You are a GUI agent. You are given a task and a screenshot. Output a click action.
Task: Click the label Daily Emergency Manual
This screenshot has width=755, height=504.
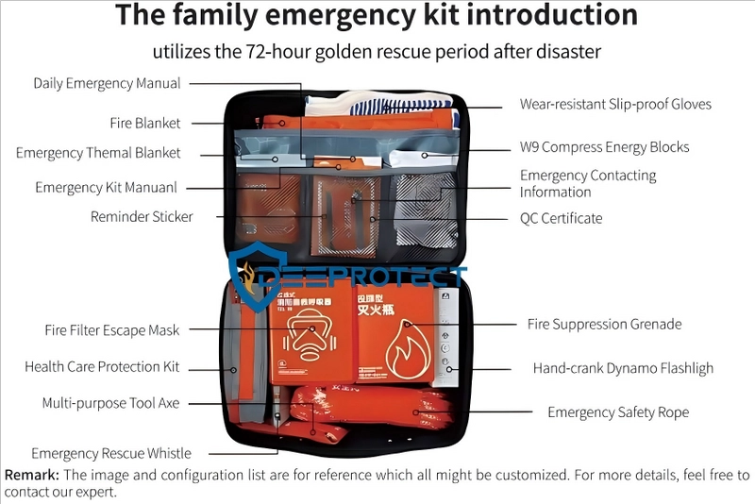(x=107, y=83)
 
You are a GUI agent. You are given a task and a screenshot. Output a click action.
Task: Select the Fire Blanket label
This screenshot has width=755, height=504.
(x=144, y=123)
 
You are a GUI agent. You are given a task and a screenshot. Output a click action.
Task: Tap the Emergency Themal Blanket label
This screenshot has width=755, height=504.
(x=98, y=153)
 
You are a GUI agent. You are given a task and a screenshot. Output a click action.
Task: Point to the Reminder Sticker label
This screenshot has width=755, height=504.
(x=142, y=217)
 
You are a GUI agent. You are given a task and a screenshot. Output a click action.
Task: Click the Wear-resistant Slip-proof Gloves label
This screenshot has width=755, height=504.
(x=615, y=104)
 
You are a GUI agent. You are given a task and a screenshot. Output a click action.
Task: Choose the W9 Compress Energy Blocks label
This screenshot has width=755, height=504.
(x=604, y=147)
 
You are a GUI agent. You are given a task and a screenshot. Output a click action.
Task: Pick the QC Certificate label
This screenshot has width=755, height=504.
(x=561, y=218)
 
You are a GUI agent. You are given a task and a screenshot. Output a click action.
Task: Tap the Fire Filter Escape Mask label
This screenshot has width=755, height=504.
(x=111, y=330)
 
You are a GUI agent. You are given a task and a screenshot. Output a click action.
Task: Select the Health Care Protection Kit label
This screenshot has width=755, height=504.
(x=102, y=367)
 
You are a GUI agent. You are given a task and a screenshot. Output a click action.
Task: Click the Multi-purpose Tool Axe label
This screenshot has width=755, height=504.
(x=110, y=403)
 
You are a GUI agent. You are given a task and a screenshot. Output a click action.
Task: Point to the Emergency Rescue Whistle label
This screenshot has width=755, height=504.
(x=111, y=454)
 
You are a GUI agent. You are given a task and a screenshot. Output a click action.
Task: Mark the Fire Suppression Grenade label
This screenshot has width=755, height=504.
(x=604, y=324)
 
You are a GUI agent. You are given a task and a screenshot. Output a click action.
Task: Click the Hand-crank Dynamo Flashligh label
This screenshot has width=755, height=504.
(x=623, y=368)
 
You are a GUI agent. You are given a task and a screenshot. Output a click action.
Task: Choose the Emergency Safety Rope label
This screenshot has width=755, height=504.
(x=618, y=412)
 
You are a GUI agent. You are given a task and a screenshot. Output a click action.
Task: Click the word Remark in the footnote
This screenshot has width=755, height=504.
(x=31, y=475)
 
